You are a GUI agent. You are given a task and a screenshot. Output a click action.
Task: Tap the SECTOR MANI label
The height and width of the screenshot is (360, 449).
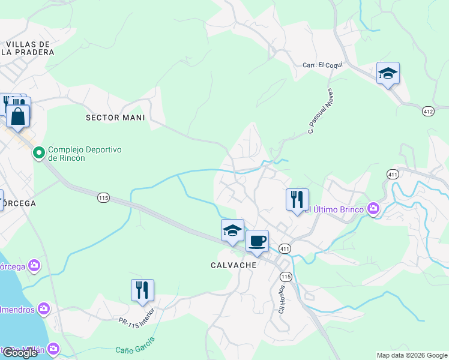(x=115, y=118)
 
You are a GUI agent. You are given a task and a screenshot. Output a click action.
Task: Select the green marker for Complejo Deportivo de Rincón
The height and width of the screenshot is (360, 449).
(x=39, y=154)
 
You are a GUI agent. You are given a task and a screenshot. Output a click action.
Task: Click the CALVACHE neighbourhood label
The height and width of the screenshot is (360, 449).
(x=234, y=265)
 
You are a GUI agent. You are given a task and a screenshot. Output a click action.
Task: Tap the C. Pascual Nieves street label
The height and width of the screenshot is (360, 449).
(x=320, y=112)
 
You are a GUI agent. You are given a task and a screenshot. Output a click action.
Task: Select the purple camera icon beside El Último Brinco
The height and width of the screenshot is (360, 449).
(x=374, y=209)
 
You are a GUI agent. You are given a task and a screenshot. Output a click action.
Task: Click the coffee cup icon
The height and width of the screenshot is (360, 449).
(x=257, y=241)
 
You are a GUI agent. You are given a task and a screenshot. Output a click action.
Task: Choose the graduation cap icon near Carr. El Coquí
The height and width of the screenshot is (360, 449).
(x=388, y=73)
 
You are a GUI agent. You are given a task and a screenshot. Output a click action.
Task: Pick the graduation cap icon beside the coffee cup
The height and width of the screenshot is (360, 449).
(x=232, y=230)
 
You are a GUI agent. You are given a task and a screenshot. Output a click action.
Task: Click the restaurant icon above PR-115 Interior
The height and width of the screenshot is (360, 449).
(x=142, y=290)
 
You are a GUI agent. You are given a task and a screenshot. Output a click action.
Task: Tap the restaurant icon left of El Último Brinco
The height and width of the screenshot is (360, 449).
(x=297, y=200)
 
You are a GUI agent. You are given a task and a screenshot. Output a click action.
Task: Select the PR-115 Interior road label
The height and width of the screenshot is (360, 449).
(x=136, y=325)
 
